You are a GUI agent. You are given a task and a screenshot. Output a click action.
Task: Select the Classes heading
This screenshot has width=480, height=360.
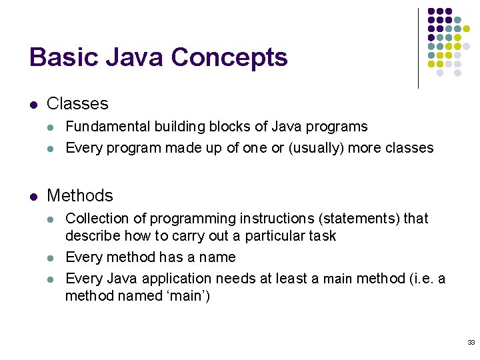(x=77, y=104)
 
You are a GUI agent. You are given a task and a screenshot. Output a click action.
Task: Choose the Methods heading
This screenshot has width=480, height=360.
(x=80, y=196)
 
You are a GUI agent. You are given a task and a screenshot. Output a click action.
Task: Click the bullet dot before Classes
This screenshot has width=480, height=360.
(x=33, y=105)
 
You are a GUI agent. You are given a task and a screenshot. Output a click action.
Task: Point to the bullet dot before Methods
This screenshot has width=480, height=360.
(x=33, y=197)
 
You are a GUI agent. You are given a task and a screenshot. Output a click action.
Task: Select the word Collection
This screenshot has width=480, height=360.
(x=98, y=219)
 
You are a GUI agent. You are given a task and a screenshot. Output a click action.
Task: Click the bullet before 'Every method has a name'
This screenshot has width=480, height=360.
(x=52, y=258)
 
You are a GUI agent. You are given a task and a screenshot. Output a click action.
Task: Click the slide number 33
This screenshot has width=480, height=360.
(x=471, y=343)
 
